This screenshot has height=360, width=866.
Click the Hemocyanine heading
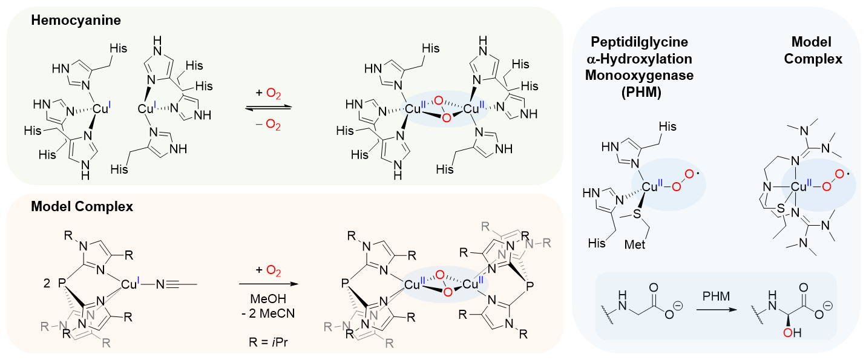[76, 20]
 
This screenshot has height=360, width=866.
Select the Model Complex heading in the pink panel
[82, 206]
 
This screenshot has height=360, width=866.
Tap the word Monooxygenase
[640, 75]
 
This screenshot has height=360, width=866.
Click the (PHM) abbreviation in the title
[641, 92]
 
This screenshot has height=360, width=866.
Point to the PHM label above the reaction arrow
[716, 296]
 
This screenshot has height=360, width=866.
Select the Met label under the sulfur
[635, 244]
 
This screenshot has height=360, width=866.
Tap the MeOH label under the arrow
[268, 298]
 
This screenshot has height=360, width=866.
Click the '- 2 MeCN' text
[268, 313]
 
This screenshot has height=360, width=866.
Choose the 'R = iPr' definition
[268, 342]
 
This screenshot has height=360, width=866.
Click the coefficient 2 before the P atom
[47, 284]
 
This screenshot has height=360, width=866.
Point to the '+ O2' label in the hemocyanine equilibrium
[268, 94]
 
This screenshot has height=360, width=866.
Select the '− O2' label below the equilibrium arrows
[268, 125]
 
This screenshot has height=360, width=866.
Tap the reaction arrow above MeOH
[269, 284]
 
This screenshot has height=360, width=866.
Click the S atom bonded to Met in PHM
[637, 214]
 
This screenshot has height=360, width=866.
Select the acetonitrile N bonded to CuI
[160, 285]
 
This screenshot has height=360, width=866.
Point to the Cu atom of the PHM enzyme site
[649, 188]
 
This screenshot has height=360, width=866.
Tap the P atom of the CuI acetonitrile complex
[62, 284]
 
